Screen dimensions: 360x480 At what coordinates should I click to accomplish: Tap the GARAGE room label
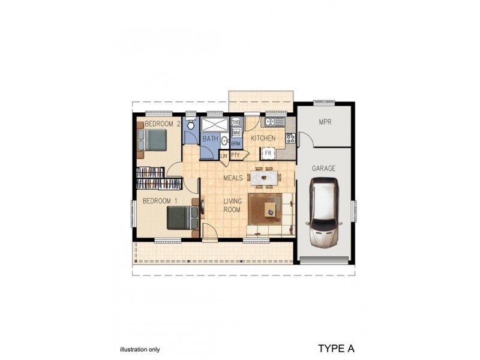(x=323, y=169)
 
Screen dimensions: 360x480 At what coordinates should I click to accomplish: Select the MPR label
(x=325, y=122)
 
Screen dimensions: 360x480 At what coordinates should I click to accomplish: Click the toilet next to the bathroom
(x=191, y=125)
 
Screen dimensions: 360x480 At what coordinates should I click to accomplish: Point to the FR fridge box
(x=268, y=153)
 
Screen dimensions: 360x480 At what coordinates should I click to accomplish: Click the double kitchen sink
(x=276, y=122)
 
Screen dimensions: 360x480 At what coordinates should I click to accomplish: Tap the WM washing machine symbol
(x=236, y=132)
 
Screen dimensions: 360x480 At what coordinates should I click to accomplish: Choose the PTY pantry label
(x=235, y=155)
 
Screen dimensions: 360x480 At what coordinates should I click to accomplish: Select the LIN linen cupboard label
(x=224, y=156)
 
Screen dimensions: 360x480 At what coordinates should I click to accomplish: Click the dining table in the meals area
(x=265, y=178)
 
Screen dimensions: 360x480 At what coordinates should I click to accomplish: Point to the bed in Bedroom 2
(x=154, y=142)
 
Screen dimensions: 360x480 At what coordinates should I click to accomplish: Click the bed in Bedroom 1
(x=182, y=217)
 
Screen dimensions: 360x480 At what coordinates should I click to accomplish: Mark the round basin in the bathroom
(x=224, y=142)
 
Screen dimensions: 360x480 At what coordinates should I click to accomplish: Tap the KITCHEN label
(x=263, y=139)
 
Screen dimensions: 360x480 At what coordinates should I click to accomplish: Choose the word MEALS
(x=233, y=178)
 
